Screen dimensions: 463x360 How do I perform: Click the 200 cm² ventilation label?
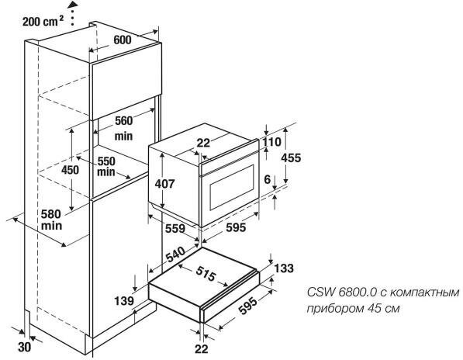pyautogui.click(x=43, y=21)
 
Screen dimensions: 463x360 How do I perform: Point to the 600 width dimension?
pyautogui.click(x=123, y=40)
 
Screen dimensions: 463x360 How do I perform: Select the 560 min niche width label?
pyautogui.click(x=124, y=128)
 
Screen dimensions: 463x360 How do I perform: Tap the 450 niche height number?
pyautogui.click(x=71, y=170)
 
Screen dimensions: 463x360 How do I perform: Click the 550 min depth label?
pyautogui.click(x=106, y=166)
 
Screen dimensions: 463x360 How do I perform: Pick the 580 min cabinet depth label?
pyautogui.click(x=51, y=220)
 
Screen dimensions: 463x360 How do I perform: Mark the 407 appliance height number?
pyautogui.click(x=164, y=184)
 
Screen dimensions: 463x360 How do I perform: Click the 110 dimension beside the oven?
pyautogui.click(x=272, y=142)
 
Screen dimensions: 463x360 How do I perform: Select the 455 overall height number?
pyautogui.click(x=291, y=157)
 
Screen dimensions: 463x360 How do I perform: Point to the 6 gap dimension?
pyautogui.click(x=268, y=179)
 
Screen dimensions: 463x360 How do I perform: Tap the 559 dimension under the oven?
pyautogui.click(x=175, y=228)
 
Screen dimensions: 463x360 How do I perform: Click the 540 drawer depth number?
pyautogui.click(x=175, y=254)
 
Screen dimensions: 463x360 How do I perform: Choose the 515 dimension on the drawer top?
pyautogui.click(x=206, y=273)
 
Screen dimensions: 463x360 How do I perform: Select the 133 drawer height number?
pyautogui.click(x=284, y=268)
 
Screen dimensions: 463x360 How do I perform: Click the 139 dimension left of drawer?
pyautogui.click(x=124, y=300)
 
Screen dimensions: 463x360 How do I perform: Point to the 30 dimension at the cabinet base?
pyautogui.click(x=25, y=348)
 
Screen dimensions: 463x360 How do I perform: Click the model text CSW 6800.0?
pyautogui.click(x=342, y=292)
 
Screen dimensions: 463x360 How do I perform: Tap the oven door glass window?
pyautogui.click(x=232, y=187)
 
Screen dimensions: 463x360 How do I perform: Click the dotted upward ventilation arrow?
pyautogui.click(x=72, y=12)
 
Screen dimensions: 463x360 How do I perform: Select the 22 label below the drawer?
pyautogui.click(x=202, y=349)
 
